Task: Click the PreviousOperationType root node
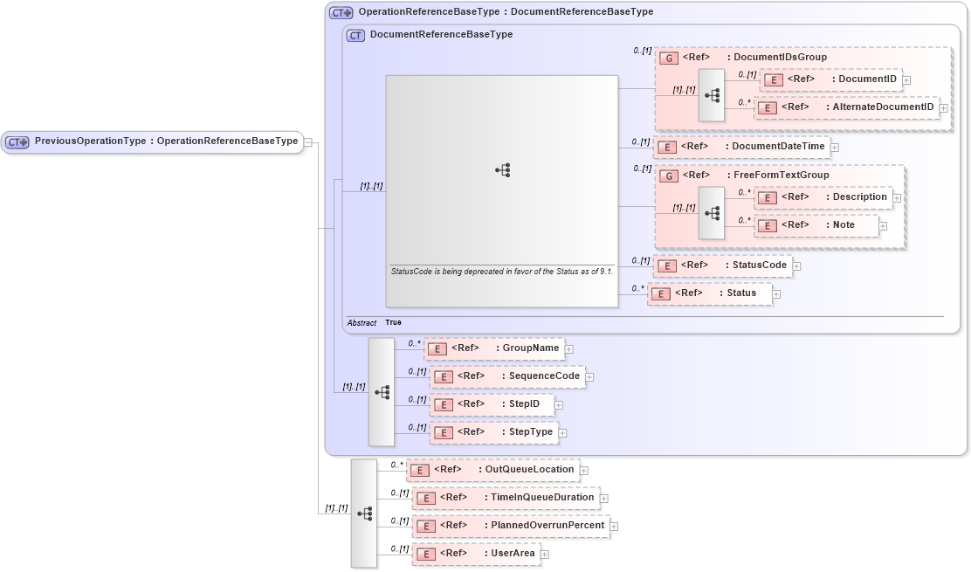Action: click(x=152, y=141)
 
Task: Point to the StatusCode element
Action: click(x=722, y=265)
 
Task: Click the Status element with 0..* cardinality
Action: click(x=709, y=293)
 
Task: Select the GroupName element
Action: click(x=493, y=348)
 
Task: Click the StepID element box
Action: click(x=491, y=404)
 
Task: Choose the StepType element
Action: click(x=493, y=432)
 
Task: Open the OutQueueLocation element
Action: click(x=492, y=470)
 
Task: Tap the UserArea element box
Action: click(x=476, y=554)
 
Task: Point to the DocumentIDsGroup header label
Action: click(x=742, y=58)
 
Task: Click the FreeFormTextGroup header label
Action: click(x=743, y=176)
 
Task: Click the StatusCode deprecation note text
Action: click(x=501, y=272)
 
